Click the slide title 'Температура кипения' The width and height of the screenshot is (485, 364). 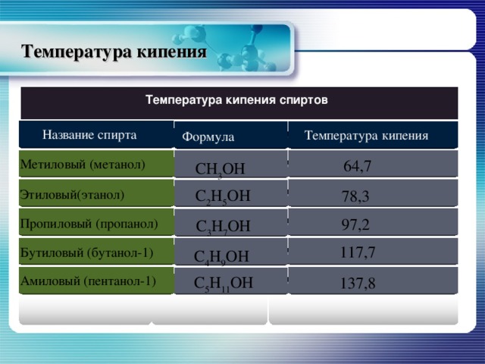[x=114, y=52]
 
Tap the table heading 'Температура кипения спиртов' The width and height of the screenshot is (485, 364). [x=236, y=99]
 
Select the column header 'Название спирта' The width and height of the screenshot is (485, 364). [x=90, y=135]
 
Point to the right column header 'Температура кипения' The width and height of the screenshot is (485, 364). [x=366, y=135]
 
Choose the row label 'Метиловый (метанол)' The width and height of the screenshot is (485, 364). [x=83, y=164]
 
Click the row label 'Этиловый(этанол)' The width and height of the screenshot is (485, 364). [x=72, y=194]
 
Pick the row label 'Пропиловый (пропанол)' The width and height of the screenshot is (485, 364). [x=89, y=224]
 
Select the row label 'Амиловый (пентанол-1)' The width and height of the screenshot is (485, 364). [x=88, y=280]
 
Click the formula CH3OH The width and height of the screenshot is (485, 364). [x=220, y=169]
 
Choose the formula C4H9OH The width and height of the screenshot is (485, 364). [x=221, y=257]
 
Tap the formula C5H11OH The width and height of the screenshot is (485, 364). [x=224, y=284]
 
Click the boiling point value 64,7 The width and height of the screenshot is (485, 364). [x=357, y=165]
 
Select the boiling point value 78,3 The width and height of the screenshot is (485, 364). [x=355, y=196]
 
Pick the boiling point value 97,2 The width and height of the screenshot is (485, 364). [x=355, y=224]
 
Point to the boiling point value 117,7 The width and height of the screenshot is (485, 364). [x=358, y=252]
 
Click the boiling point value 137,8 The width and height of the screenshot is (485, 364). [x=358, y=284]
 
